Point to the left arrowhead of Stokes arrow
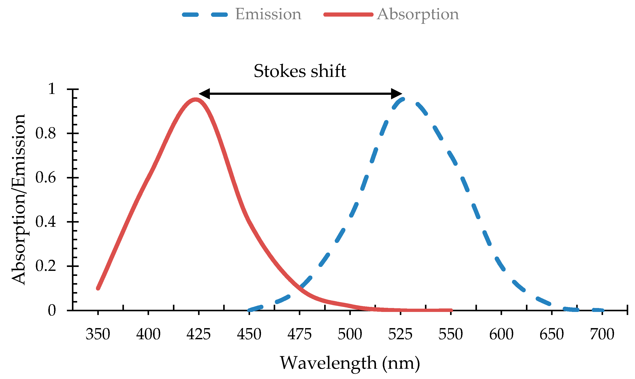[204, 94]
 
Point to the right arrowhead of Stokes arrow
[397, 94]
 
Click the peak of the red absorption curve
[195, 100]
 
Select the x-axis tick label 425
[198, 334]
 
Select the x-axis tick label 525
[400, 334]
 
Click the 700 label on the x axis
[602, 334]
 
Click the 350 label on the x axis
[98, 334]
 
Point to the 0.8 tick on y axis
[73, 133]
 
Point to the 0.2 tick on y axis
[73, 266]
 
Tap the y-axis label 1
[52, 89]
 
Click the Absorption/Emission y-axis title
[18, 199]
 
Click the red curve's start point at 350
[98, 288]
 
